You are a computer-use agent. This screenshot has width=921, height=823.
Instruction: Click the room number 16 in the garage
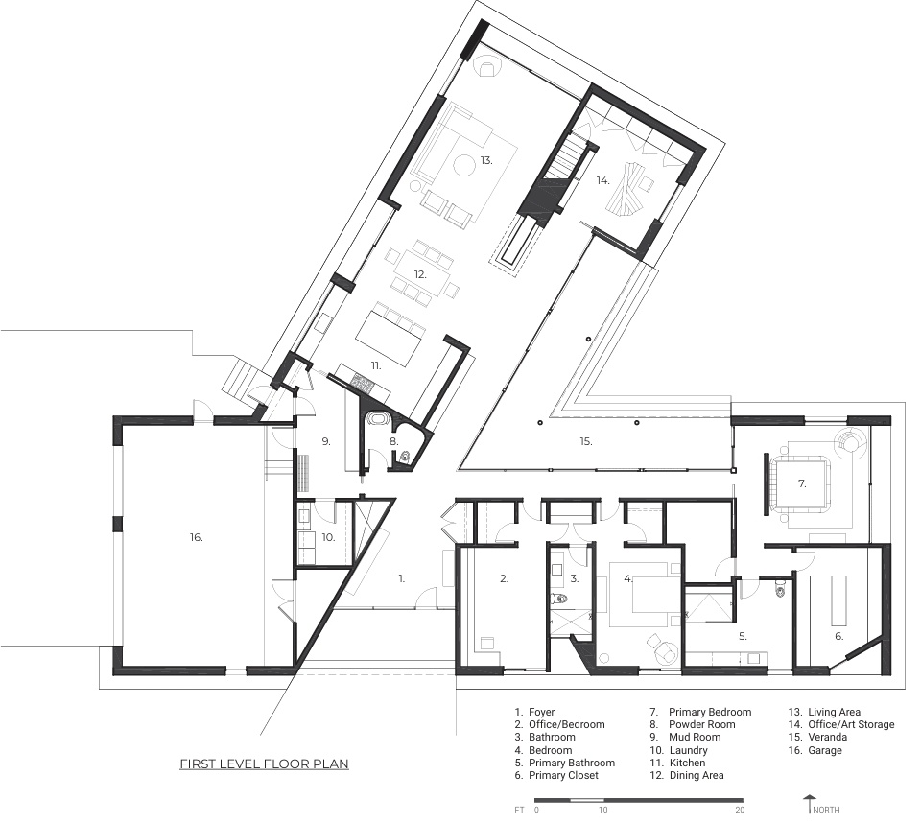pyautogui.click(x=196, y=537)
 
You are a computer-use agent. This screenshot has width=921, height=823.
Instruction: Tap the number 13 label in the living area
pyautogui.click(x=485, y=160)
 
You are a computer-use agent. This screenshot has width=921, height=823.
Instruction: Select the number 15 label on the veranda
pyautogui.click(x=585, y=441)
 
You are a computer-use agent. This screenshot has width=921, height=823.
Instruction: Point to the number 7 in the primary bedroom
pyautogui.click(x=802, y=484)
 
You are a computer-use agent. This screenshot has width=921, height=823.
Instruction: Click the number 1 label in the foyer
pyautogui.click(x=402, y=578)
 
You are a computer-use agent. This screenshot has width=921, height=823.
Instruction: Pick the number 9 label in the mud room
pyautogui.click(x=326, y=441)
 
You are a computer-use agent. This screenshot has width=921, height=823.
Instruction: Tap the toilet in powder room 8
pyautogui.click(x=406, y=456)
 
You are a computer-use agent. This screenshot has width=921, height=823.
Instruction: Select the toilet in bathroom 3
pyautogui.click(x=559, y=600)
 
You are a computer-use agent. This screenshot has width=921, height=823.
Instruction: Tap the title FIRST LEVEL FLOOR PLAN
pyautogui.click(x=265, y=764)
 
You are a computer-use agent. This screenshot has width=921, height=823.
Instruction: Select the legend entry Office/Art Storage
pyautogui.click(x=851, y=724)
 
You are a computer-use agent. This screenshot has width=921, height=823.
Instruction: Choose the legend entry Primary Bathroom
pyautogui.click(x=572, y=763)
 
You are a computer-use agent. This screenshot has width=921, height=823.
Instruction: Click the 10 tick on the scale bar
pyautogui.click(x=603, y=811)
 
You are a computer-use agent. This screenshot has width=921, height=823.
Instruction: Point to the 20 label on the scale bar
pyautogui.click(x=740, y=811)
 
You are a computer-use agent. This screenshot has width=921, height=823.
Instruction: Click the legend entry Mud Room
pyautogui.click(x=695, y=737)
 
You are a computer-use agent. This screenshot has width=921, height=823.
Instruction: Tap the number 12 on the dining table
pyautogui.click(x=419, y=274)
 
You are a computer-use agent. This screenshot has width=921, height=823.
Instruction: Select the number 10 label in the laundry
pyautogui.click(x=328, y=537)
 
